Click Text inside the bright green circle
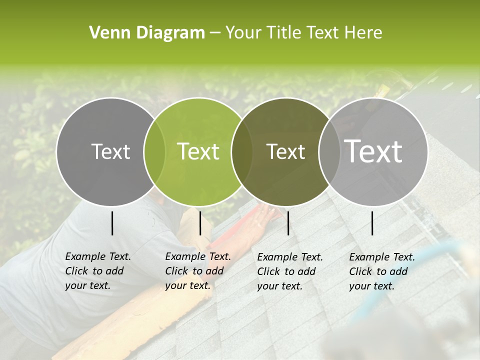point(198,151)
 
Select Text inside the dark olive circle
point(285,151)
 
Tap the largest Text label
point(373,151)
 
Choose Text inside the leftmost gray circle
point(111,151)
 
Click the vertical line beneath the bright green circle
point(200,223)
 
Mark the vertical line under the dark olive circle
point(288,223)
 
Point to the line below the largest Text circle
point(372,223)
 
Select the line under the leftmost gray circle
point(112,223)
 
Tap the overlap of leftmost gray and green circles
point(154,151)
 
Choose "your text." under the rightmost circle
point(371,286)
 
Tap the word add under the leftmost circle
point(114,271)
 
